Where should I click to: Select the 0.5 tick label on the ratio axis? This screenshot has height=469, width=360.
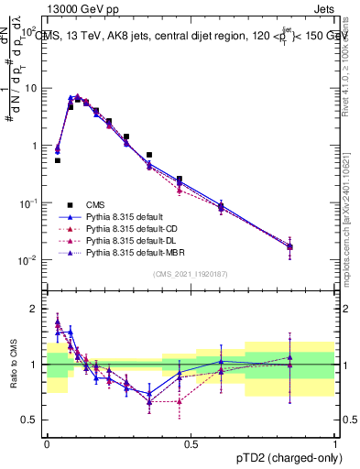(31, 420)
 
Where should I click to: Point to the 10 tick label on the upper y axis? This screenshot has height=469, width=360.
(31, 88)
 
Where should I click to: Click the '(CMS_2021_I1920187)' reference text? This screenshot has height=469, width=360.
(191, 274)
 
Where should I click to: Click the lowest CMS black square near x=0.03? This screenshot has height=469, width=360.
(57, 160)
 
